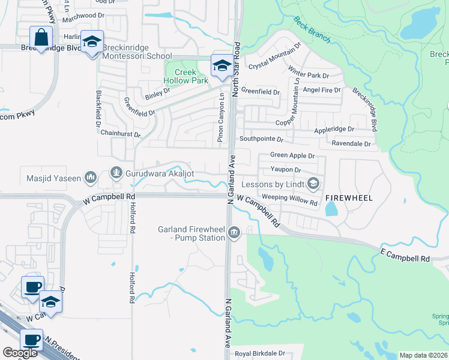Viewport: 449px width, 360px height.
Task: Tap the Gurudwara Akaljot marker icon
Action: click(116, 173)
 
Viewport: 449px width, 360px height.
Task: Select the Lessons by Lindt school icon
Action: click(312, 183)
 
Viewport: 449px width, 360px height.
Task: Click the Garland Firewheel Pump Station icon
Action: click(234, 232)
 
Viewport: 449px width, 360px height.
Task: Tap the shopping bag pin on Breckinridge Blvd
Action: click(41, 38)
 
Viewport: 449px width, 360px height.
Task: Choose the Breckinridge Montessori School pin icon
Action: click(92, 42)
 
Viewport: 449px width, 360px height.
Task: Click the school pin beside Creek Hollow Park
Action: click(221, 65)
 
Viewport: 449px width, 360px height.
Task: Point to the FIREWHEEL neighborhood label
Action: click(349, 197)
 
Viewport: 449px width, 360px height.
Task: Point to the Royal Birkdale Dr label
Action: click(259, 353)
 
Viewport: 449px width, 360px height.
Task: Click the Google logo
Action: click(20, 353)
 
